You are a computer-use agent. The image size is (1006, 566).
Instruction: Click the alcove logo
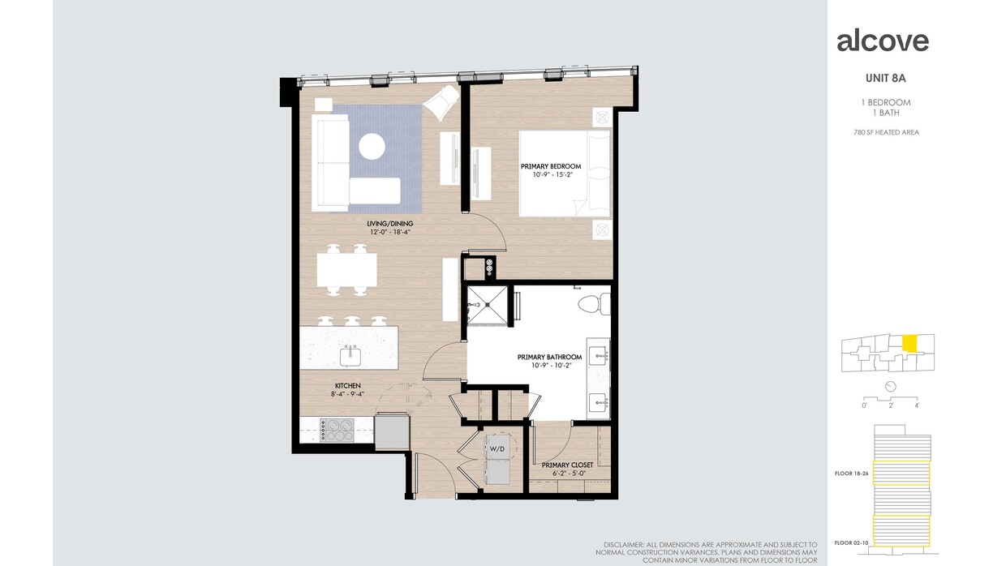(x=883, y=41)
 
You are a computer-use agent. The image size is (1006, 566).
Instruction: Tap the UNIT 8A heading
(x=885, y=79)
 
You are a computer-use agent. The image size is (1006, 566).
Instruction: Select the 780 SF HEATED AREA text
(x=885, y=132)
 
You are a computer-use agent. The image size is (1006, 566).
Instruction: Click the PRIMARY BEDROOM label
(x=551, y=166)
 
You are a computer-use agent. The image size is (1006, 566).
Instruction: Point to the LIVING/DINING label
(x=389, y=224)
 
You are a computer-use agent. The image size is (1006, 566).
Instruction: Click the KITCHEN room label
(x=347, y=385)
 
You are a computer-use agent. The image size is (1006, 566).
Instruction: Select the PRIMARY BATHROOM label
(x=549, y=357)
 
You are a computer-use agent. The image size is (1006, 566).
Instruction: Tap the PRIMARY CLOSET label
(x=567, y=465)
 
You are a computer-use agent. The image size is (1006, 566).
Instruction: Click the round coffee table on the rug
(x=372, y=147)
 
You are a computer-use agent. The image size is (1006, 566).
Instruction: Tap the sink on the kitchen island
(x=351, y=354)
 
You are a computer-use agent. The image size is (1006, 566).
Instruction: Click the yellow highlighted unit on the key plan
(x=910, y=344)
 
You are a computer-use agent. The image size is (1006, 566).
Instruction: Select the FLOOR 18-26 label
(x=852, y=473)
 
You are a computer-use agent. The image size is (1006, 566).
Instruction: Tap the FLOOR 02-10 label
(x=852, y=542)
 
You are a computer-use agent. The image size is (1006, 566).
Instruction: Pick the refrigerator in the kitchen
(x=393, y=431)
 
